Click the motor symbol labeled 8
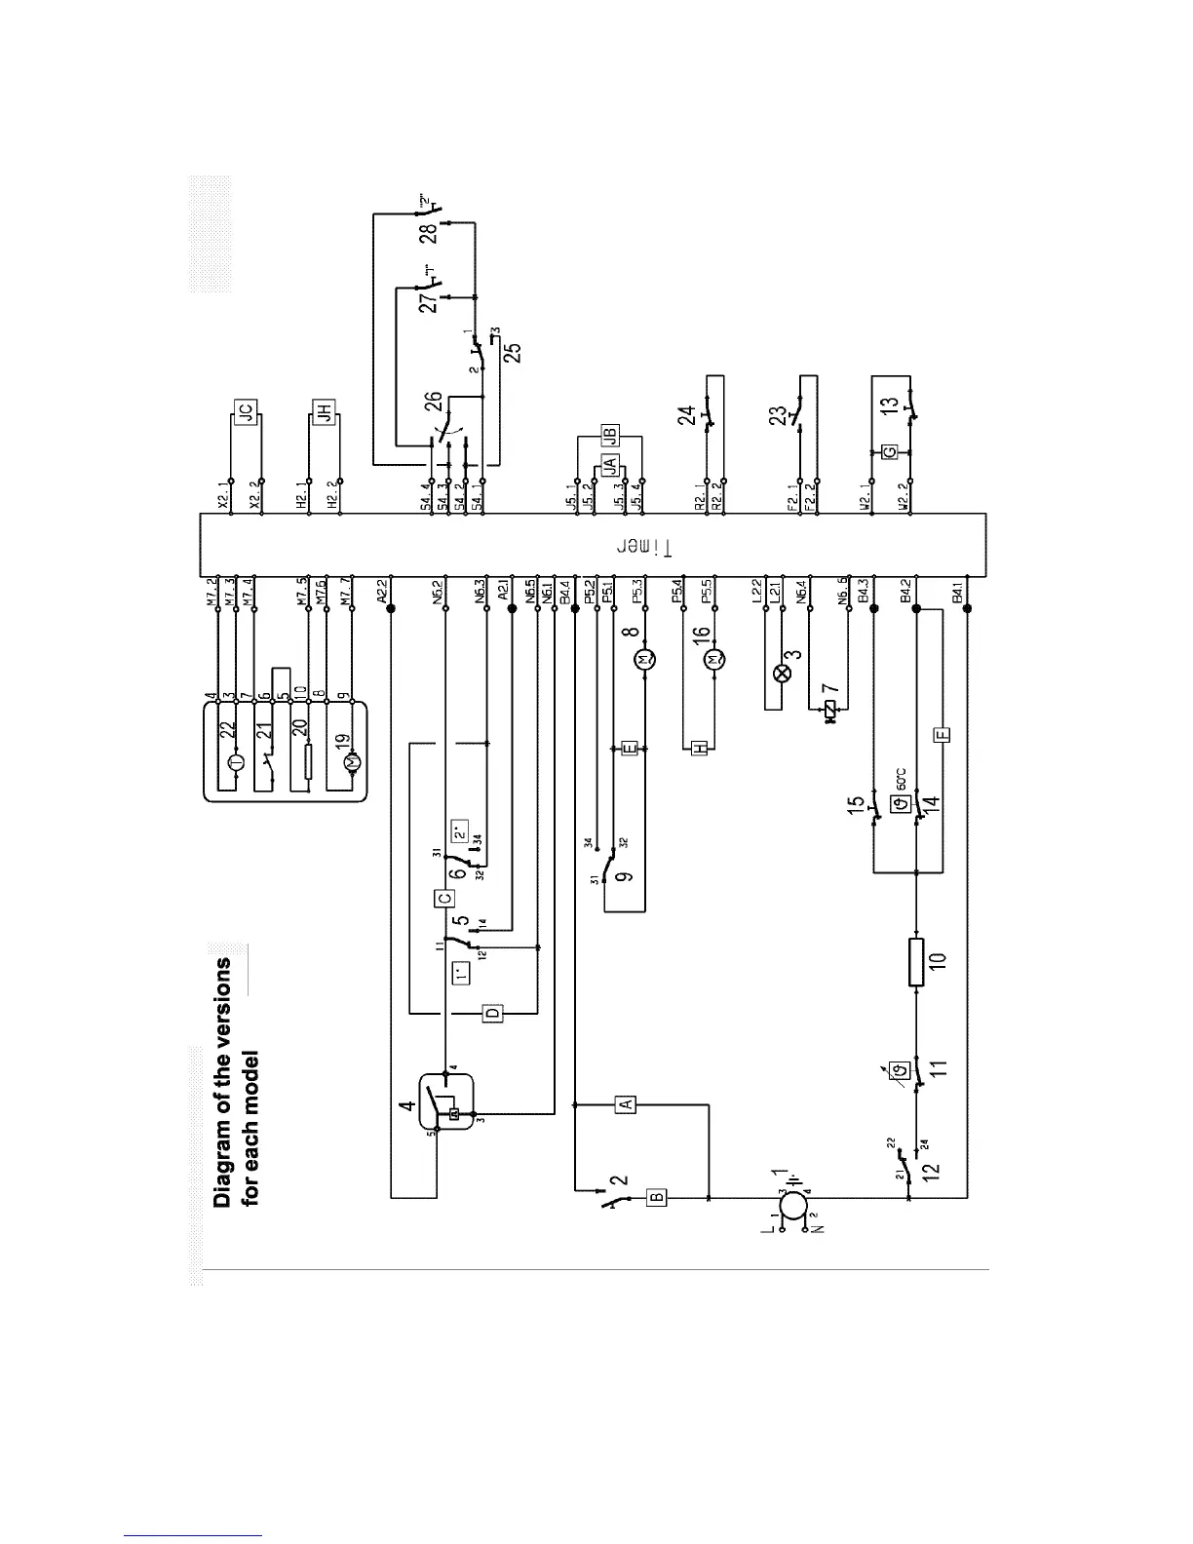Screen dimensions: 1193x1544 point(644,661)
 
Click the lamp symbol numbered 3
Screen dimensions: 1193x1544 point(779,673)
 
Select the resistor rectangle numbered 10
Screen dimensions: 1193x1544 point(917,962)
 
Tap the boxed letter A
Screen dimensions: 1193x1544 point(628,1104)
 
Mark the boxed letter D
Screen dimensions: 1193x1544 point(494,1014)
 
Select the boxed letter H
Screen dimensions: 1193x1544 point(699,748)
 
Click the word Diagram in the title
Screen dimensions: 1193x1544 point(223,1166)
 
